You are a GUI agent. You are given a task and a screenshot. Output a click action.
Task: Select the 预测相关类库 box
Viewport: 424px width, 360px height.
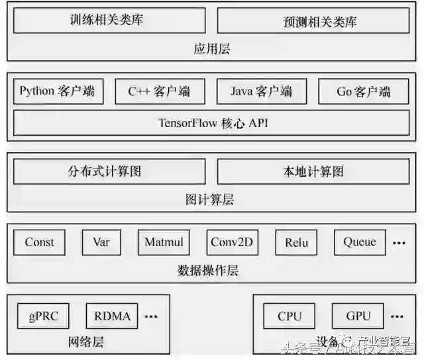[313, 21]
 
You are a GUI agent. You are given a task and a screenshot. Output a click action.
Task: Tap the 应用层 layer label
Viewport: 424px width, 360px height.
[212, 49]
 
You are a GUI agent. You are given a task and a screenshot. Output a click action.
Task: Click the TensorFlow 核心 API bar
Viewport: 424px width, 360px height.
[212, 123]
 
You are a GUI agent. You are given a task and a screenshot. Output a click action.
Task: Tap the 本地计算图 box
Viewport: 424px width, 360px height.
[313, 172]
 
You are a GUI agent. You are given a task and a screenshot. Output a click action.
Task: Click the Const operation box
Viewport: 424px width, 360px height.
[39, 242]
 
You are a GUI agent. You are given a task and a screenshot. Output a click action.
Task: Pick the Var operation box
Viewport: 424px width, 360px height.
[101, 242]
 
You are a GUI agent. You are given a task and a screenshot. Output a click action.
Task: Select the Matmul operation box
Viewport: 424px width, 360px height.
[164, 242]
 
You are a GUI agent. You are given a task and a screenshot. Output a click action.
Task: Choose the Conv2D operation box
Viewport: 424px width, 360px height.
[232, 242]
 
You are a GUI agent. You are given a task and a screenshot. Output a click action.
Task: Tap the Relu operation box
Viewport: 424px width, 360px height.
[296, 243]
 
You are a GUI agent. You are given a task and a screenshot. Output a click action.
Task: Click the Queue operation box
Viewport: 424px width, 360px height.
[360, 242]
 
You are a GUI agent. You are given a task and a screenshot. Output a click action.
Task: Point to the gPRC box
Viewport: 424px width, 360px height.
[44, 316]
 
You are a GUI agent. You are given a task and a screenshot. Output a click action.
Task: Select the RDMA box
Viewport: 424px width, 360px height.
[112, 316]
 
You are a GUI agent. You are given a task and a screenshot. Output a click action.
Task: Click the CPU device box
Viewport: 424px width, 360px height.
[290, 316]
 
